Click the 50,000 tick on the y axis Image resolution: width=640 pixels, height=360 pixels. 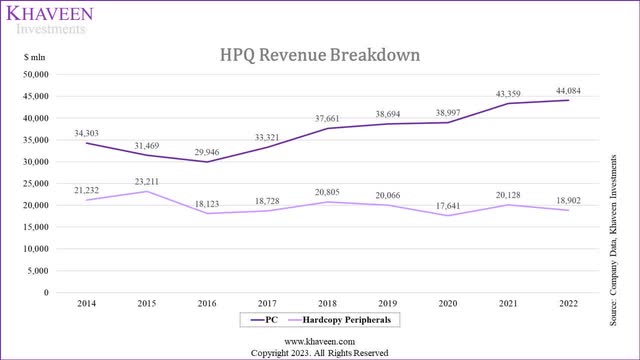coord(36,74)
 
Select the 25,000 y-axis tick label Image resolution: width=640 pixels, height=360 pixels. coord(36,183)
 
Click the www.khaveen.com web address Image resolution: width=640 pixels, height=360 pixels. coord(319,340)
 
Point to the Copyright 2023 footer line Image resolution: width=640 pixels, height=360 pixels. coord(319,352)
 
